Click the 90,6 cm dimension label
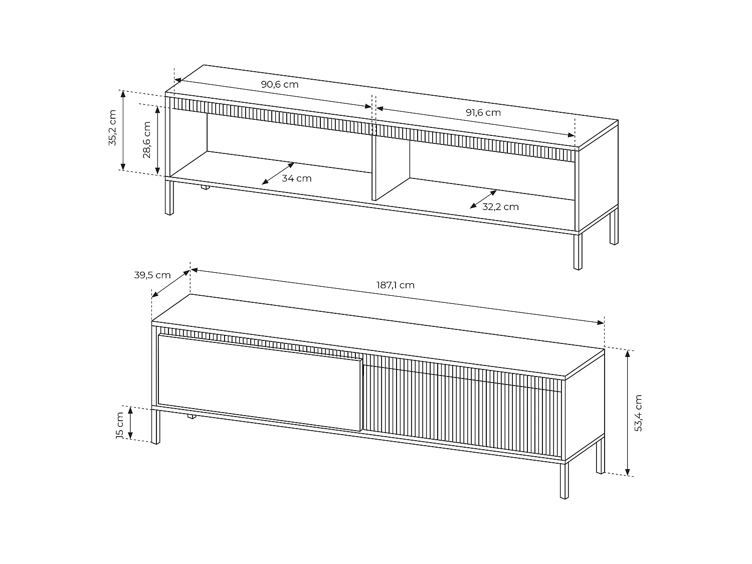(x=279, y=84)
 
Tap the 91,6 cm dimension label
(x=483, y=112)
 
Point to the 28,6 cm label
(x=146, y=140)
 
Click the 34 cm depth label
(x=296, y=178)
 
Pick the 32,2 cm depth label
(x=500, y=207)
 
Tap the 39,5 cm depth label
(x=152, y=275)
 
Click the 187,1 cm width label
(x=396, y=285)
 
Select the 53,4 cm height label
(x=638, y=413)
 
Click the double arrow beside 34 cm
(x=278, y=173)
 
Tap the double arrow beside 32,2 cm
(x=483, y=199)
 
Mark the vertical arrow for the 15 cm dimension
(x=130, y=423)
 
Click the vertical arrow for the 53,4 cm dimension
(x=628, y=413)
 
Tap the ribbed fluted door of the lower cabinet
(x=461, y=409)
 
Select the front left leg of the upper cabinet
(x=169, y=197)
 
